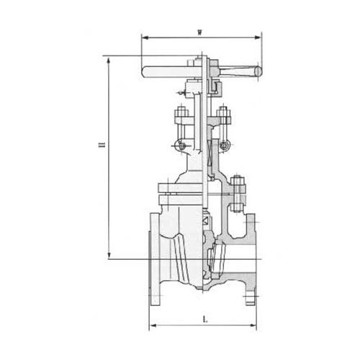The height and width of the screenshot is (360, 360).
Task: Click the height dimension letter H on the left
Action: pos(101,148)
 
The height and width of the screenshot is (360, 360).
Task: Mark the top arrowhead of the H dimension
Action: pos(109,57)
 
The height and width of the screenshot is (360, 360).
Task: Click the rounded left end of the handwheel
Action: pos(145,71)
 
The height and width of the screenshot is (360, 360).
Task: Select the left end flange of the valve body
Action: pos(155,252)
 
